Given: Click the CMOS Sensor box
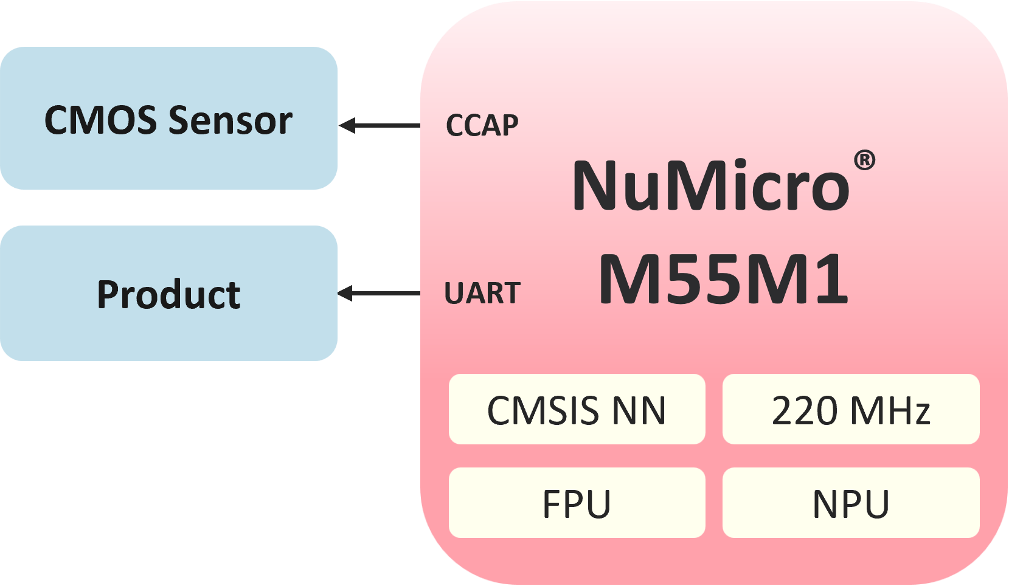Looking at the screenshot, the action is (x=168, y=118).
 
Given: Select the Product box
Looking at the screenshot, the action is (x=168, y=293).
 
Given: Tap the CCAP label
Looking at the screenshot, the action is (x=482, y=125).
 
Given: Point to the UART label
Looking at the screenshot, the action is (x=482, y=293).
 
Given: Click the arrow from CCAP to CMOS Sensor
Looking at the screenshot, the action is (x=380, y=125).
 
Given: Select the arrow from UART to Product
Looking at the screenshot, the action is (x=379, y=294).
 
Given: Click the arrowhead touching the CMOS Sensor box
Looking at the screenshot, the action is (x=347, y=125).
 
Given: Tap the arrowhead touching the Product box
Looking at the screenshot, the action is (x=345, y=294).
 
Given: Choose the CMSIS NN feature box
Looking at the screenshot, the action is (x=577, y=409).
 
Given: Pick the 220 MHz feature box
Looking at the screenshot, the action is (x=851, y=409).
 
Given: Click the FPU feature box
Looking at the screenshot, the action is (x=577, y=503).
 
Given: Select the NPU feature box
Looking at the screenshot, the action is (x=851, y=503).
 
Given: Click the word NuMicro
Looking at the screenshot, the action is (x=711, y=185).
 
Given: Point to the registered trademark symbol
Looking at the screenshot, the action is (x=864, y=160).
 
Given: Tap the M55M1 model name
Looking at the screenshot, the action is (x=723, y=279).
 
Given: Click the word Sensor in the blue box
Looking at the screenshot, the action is (x=231, y=120).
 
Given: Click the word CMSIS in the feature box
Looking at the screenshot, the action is (x=543, y=410).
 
